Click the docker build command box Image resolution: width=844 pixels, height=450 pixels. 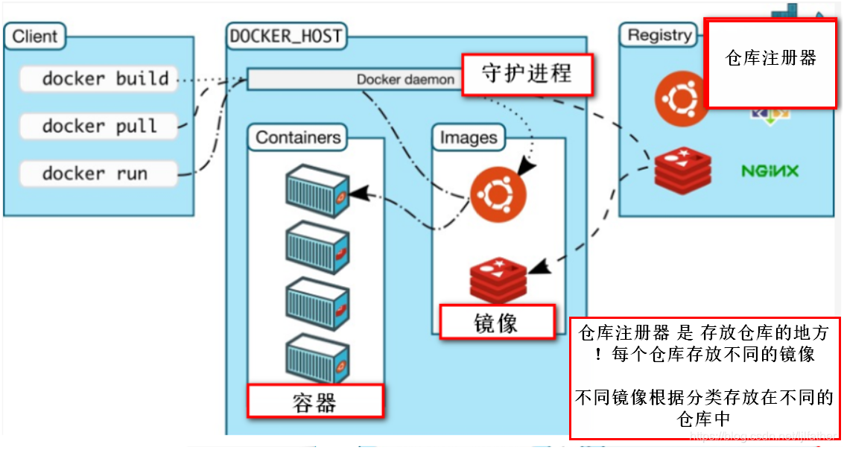pyautogui.click(x=99, y=78)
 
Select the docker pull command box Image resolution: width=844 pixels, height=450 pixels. pyautogui.click(x=99, y=126)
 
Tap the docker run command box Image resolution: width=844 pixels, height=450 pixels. pyautogui.click(x=99, y=174)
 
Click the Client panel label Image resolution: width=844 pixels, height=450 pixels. pyautogui.click(x=35, y=36)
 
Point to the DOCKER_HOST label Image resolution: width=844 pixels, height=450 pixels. pyautogui.click(x=286, y=36)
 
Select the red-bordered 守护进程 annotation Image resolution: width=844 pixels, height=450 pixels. pyautogui.click(x=527, y=75)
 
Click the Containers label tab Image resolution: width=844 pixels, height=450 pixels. pyautogui.click(x=297, y=138)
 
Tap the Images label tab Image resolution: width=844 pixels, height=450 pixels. pyautogui.click(x=469, y=138)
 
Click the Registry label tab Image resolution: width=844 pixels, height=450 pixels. pyautogui.click(x=659, y=35)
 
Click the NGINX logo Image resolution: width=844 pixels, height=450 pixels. pyautogui.click(x=770, y=171)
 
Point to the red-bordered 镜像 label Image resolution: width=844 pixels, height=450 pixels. pyautogui.click(x=497, y=323)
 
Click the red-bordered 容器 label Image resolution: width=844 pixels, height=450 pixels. pyautogui.click(x=315, y=401)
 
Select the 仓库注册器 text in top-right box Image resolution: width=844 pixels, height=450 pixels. pyautogui.click(x=771, y=58)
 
